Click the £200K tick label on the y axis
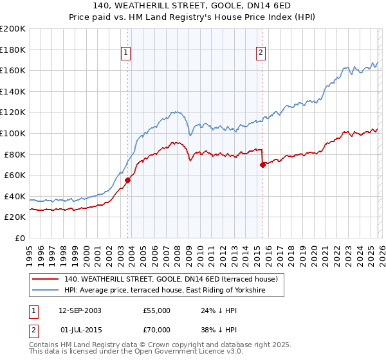tap(13, 29)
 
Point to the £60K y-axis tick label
tap(15, 175)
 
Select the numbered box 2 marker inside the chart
tap(261, 53)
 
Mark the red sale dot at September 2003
tap(128, 181)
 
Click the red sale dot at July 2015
tap(262, 165)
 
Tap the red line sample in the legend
tap(46, 280)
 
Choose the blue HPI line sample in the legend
tap(46, 291)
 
